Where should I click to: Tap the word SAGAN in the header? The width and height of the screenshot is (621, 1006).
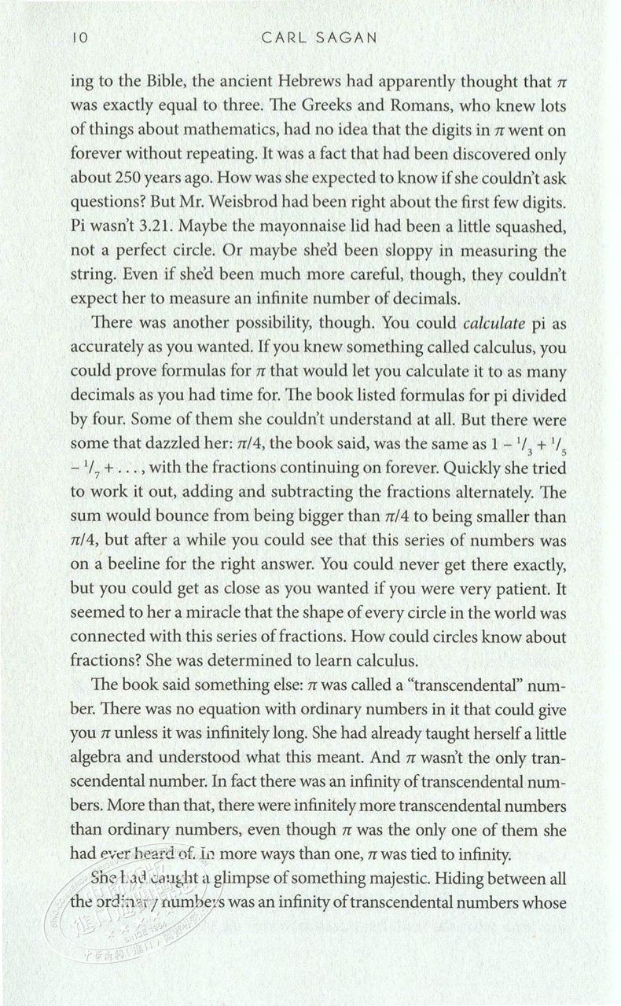click(x=348, y=37)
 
